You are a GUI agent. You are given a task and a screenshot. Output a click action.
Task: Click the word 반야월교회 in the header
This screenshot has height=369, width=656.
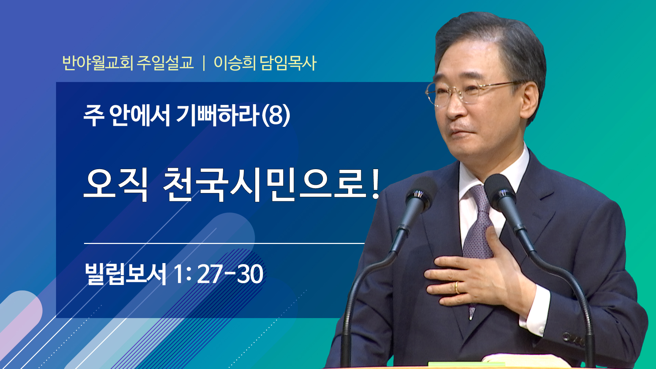pyautogui.click(x=98, y=63)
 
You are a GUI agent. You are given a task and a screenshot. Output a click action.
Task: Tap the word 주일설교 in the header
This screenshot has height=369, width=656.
pyautogui.click(x=165, y=63)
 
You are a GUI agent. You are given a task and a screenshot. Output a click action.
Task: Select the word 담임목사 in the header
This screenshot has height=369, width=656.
pyautogui.click(x=288, y=63)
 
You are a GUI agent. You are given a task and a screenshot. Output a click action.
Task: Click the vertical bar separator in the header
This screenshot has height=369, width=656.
pyautogui.click(x=204, y=63)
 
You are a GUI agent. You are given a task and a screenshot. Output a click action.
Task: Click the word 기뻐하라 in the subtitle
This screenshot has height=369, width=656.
pyautogui.click(x=217, y=115)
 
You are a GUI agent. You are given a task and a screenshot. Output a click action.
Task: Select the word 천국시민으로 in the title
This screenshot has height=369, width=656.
pyautogui.click(x=263, y=184)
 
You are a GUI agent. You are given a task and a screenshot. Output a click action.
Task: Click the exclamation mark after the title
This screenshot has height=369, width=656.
pyautogui.click(x=375, y=184)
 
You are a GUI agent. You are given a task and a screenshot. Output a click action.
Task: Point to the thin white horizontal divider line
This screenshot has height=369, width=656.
pyautogui.click(x=224, y=243)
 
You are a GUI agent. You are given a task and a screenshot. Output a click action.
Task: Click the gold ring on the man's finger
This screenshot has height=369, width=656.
pyautogui.click(x=457, y=288)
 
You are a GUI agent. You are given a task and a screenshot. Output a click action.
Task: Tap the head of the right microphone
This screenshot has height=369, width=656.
pyautogui.click(x=500, y=191)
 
